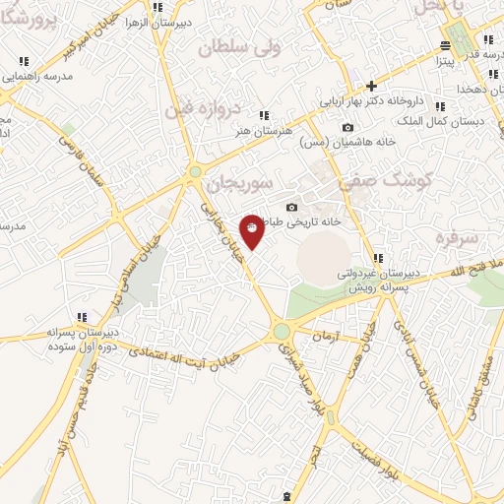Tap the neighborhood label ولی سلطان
tap(239, 46)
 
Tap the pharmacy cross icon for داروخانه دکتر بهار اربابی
tap(371, 86)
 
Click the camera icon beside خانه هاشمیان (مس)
tap(347, 127)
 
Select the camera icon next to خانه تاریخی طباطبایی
tap(291, 207)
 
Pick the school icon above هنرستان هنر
tap(263, 114)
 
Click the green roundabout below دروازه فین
tap(195, 171)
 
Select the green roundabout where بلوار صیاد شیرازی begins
tap(282, 332)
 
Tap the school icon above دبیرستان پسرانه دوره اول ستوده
tap(83, 317)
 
